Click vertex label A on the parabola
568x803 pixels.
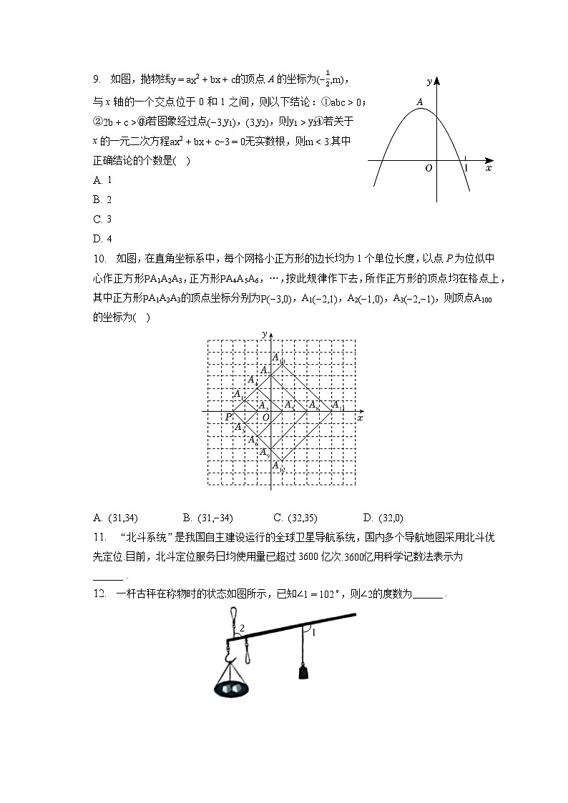click(421, 102)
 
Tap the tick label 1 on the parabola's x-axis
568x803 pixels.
click(466, 168)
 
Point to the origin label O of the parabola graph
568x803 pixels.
click(429, 169)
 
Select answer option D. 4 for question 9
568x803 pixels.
click(103, 239)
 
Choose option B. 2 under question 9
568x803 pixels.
click(103, 199)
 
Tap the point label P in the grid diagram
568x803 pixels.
click(229, 417)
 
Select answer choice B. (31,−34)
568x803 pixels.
click(208, 518)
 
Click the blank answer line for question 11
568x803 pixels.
click(108, 578)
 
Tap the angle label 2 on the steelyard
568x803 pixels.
click(243, 628)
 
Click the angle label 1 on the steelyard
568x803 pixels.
click(313, 632)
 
